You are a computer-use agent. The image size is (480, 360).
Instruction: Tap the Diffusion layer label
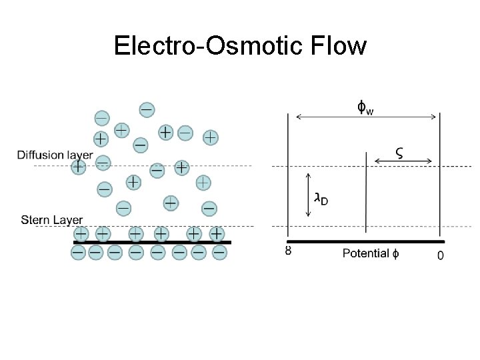tap(55, 155)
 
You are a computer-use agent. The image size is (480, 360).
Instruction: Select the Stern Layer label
tap(52, 219)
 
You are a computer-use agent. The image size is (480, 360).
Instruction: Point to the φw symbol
tap(365, 107)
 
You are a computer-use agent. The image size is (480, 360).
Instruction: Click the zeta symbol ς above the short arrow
tap(399, 152)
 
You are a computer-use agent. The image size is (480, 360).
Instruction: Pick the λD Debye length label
tap(321, 199)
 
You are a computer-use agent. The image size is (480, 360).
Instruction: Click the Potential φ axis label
tap(371, 253)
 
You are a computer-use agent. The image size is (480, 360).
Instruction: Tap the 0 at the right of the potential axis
tap(441, 255)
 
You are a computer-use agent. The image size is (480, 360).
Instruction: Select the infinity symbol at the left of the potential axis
tap(288, 251)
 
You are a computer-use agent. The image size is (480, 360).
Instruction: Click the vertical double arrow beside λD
tap(308, 195)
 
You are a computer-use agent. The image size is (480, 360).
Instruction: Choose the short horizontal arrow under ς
tap(403, 161)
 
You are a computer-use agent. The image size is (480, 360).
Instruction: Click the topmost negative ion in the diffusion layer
tap(147, 109)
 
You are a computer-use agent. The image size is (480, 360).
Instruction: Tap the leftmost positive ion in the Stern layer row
tap(81, 234)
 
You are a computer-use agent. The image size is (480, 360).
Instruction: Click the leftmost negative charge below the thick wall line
tap(78, 253)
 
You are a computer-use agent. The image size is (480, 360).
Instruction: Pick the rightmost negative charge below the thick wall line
tap(219, 253)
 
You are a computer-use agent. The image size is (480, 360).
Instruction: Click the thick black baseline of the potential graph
tap(365, 241)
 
